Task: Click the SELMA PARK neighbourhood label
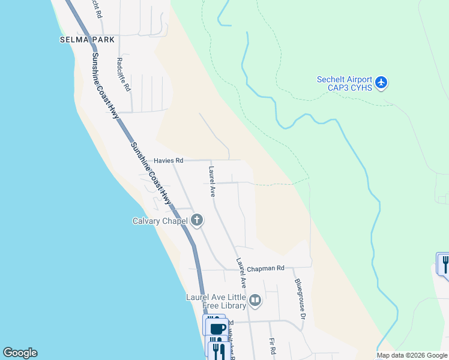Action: (87, 40)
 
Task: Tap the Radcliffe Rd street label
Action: (124, 74)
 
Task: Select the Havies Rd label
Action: (168, 161)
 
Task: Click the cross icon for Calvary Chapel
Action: (197, 220)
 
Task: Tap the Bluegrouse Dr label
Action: (300, 298)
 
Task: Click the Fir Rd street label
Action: (273, 345)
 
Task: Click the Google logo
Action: (20, 353)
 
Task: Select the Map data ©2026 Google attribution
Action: (412, 355)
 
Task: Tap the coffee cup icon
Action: (217, 328)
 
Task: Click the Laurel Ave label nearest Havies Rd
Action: (212, 182)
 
